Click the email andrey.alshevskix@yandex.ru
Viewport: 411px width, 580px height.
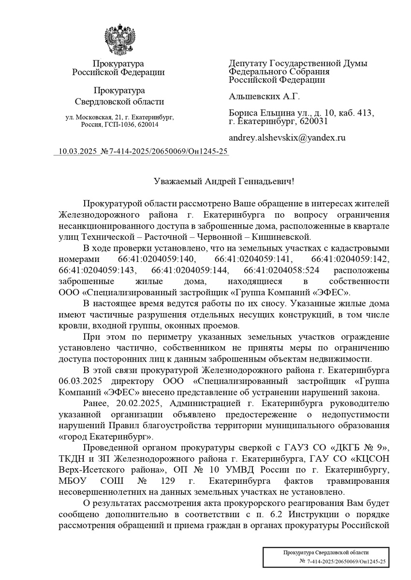pos(287,137)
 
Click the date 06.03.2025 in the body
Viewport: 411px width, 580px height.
pos(76,381)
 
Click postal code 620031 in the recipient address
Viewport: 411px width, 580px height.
pos(314,121)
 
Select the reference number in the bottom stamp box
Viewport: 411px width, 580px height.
pos(343,561)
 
